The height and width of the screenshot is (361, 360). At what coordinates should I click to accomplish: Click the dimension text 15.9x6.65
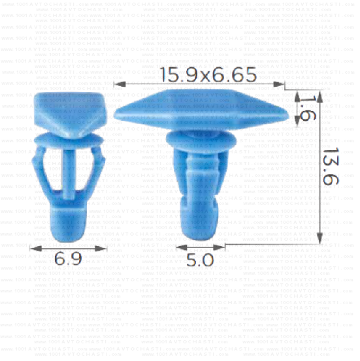pos(200,75)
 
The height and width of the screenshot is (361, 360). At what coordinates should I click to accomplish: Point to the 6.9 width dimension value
pos(68,259)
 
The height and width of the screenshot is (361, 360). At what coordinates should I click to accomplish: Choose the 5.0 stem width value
pos(200,260)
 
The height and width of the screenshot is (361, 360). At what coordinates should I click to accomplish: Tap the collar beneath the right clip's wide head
pos(199,143)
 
